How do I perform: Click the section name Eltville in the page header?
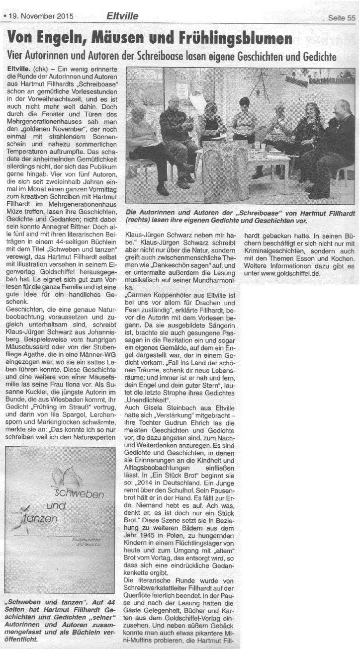click(122, 16)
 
